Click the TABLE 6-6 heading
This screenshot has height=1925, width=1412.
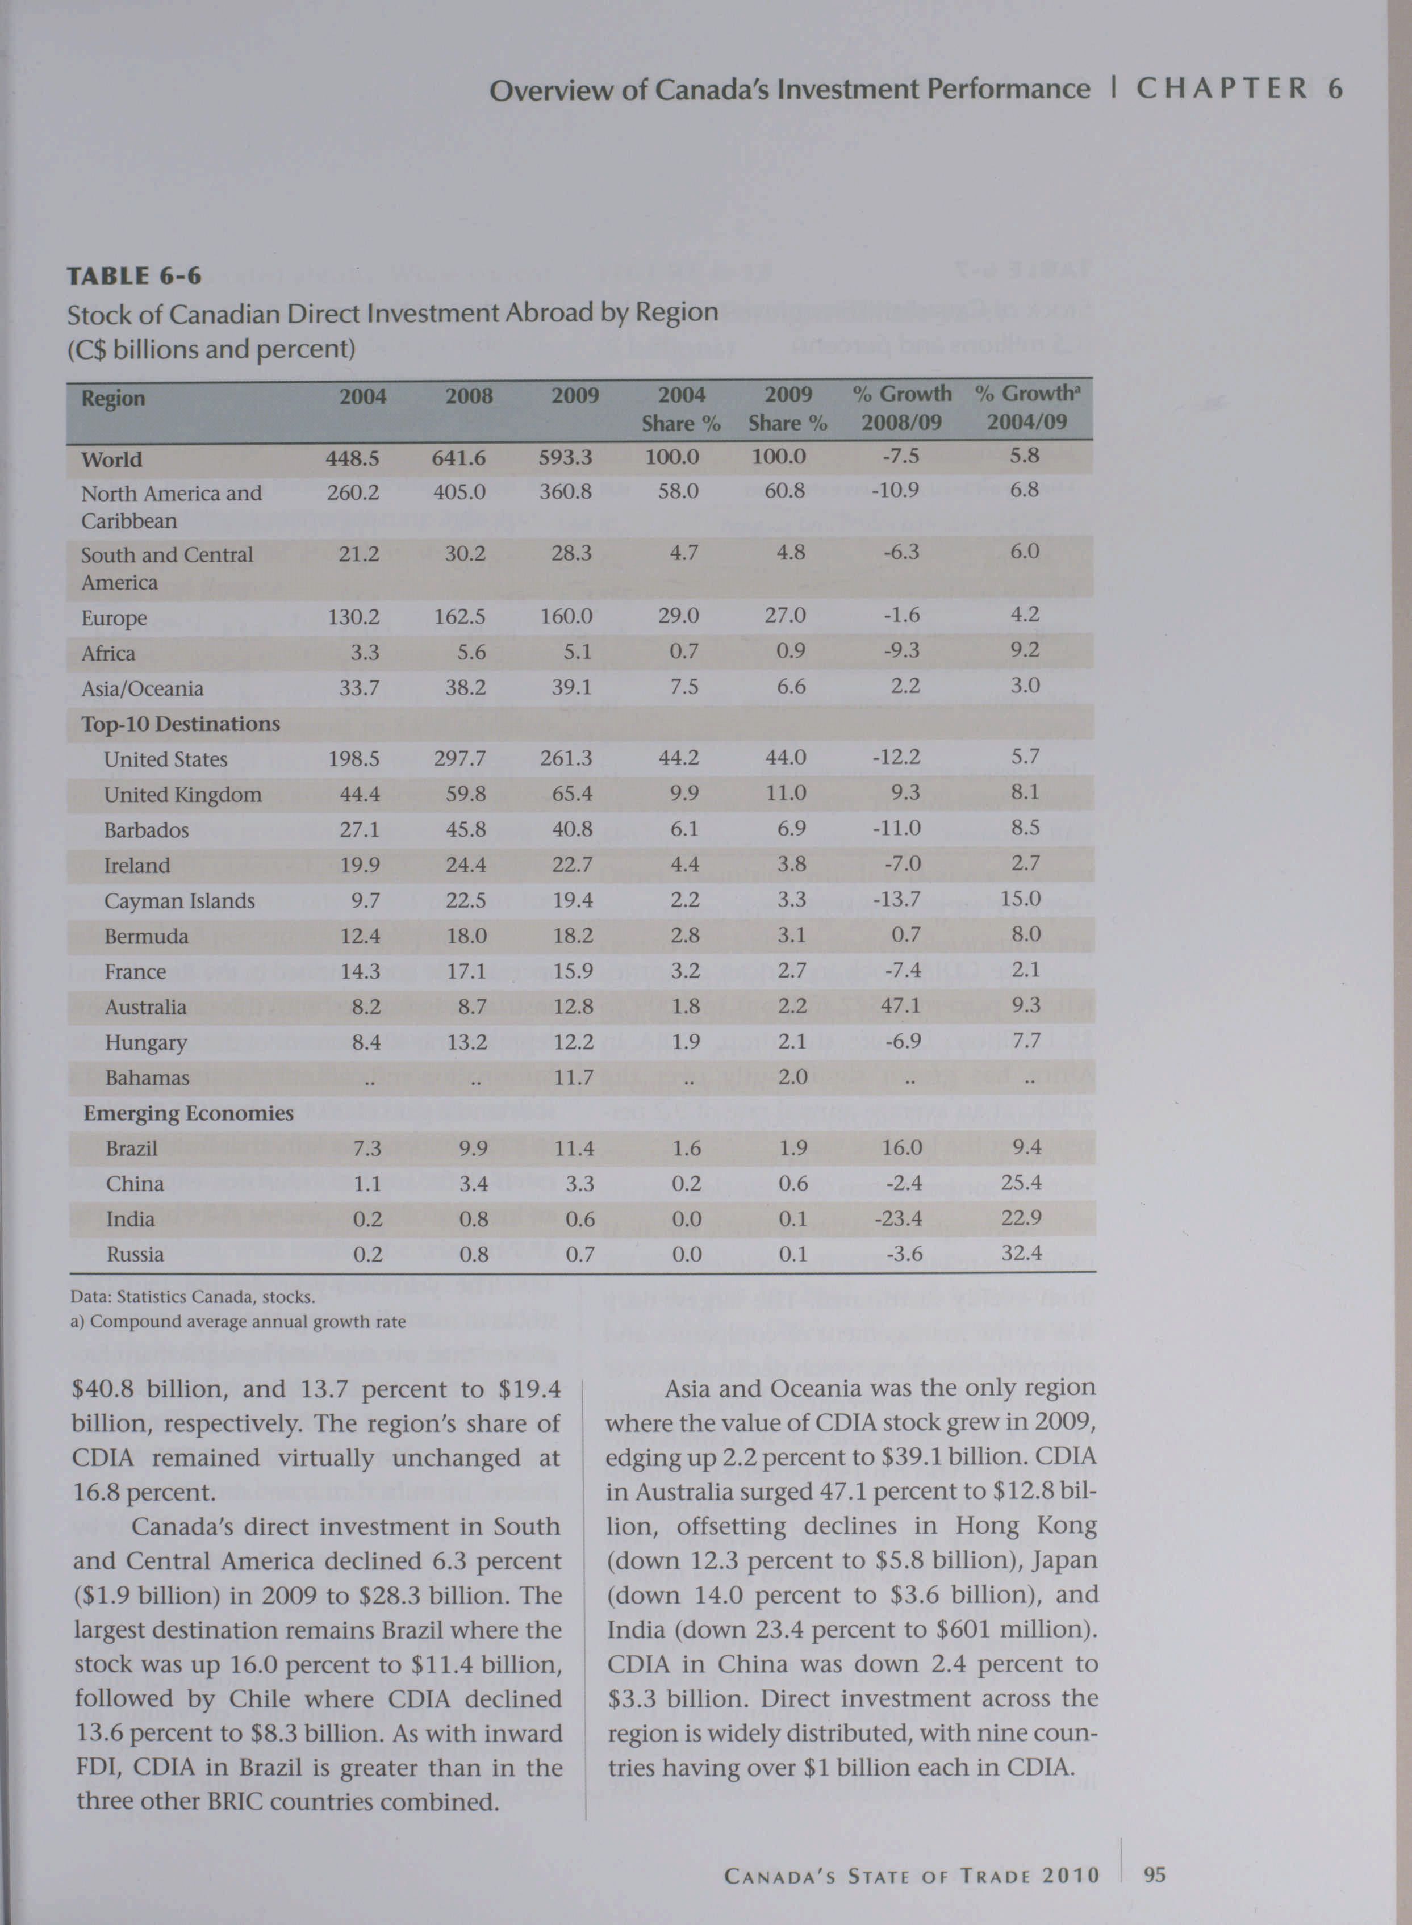[134, 275]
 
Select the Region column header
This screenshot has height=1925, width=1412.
[113, 398]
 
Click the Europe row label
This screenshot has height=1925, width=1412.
[114, 617]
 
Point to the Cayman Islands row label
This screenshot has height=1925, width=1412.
[179, 901]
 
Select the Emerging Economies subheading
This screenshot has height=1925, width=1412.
[188, 1113]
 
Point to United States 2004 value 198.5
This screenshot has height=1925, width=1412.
[353, 759]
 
